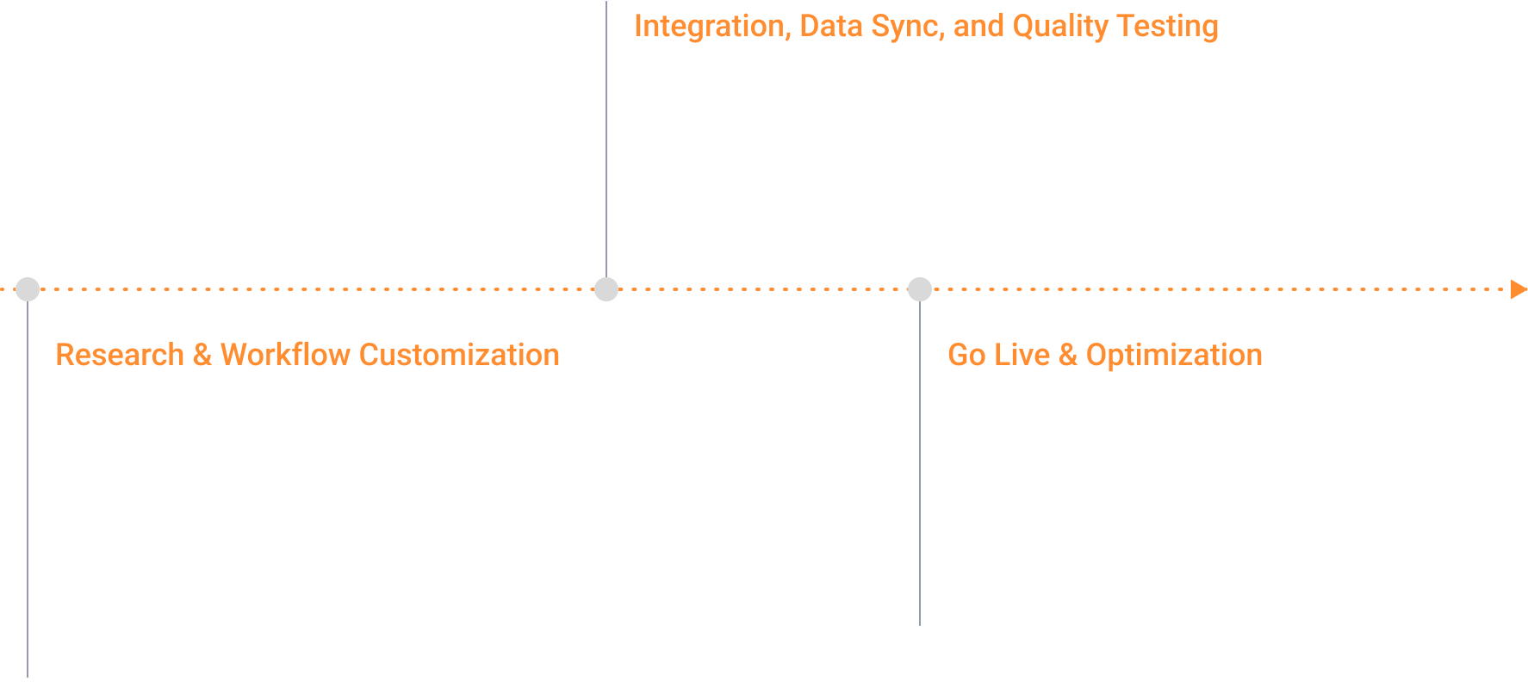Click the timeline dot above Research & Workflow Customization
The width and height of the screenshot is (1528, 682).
[x=28, y=289]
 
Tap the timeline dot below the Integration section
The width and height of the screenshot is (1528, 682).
[x=606, y=289]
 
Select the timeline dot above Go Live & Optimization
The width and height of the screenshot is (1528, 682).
[x=920, y=289]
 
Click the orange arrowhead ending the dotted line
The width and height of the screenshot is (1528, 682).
[x=1519, y=289]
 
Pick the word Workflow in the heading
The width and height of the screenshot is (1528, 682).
[x=285, y=355]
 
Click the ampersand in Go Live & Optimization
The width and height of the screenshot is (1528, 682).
[x=1067, y=355]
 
